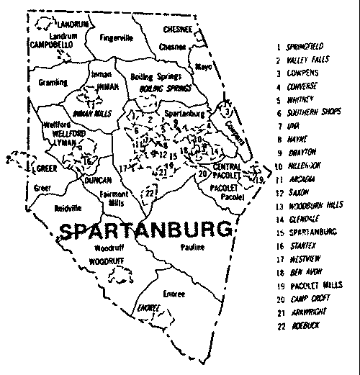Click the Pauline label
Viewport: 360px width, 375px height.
click(193, 247)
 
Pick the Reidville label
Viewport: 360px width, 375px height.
click(49, 206)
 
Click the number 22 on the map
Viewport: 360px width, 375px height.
click(149, 193)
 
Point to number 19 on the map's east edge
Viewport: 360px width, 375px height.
click(258, 178)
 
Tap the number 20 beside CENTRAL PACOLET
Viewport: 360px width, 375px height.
click(202, 173)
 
